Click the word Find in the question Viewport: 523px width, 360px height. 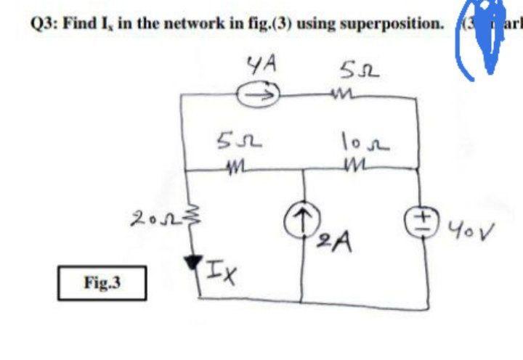(78, 22)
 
